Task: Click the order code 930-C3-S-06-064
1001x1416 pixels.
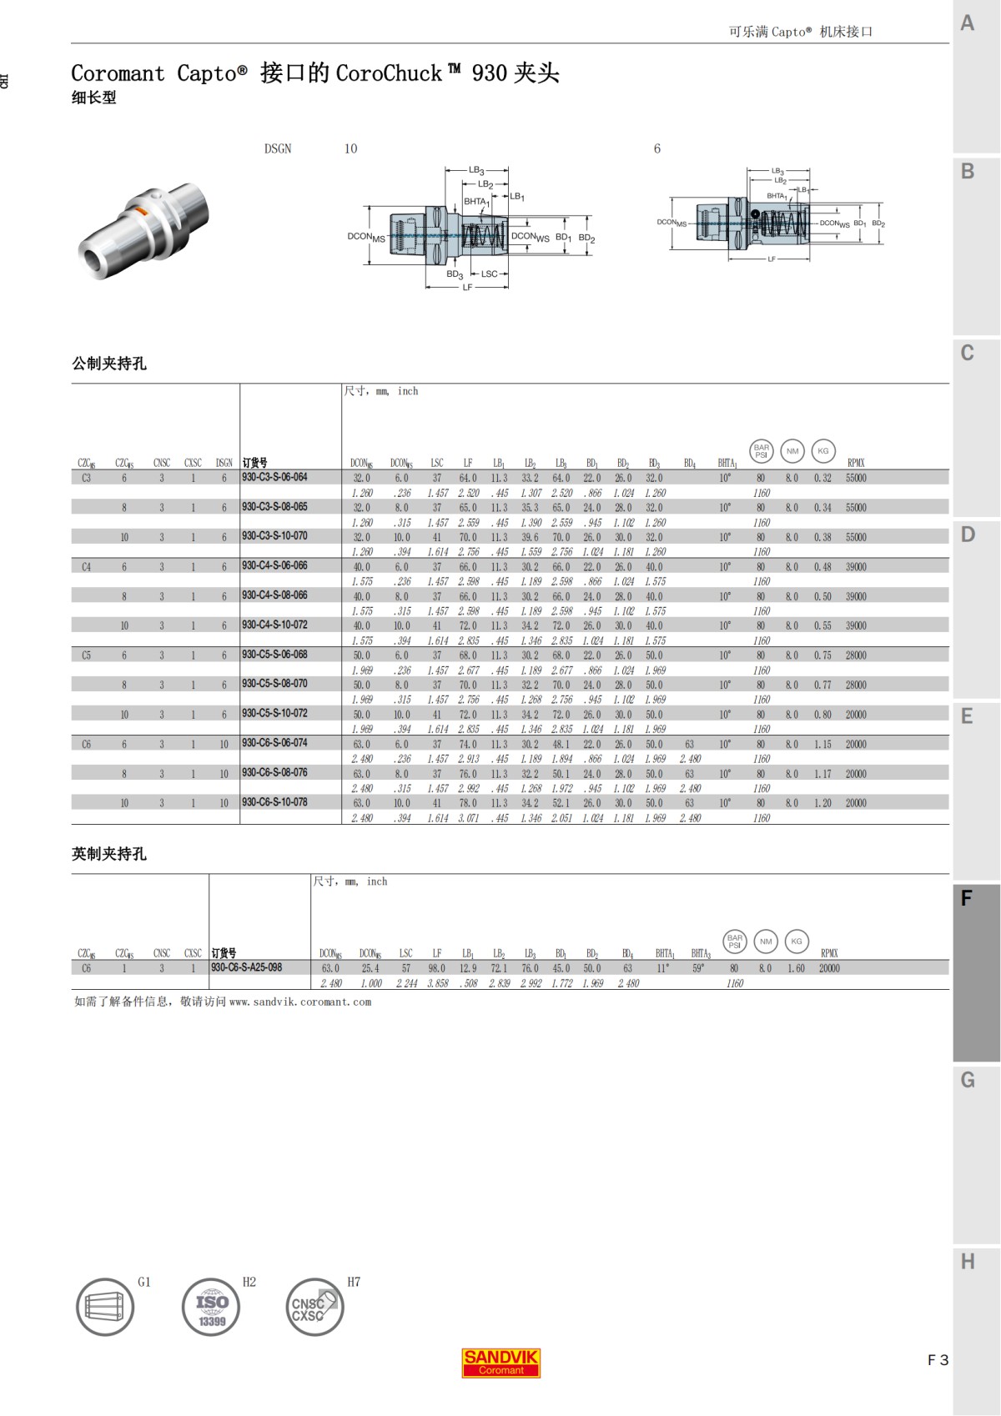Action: click(x=274, y=477)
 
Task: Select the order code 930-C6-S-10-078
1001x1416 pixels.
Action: click(x=274, y=802)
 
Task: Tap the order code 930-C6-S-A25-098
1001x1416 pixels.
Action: click(x=246, y=967)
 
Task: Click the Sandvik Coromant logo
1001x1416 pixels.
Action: click(x=500, y=1362)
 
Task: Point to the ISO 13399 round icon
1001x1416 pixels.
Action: click(x=211, y=1307)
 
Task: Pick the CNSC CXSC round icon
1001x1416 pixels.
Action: click(x=314, y=1307)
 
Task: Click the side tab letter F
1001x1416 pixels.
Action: click(x=967, y=898)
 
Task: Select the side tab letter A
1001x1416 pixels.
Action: click(x=968, y=23)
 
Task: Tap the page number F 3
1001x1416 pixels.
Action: click(x=938, y=1360)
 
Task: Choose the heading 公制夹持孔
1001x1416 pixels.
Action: click(x=109, y=364)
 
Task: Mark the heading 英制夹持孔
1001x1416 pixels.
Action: click(x=109, y=854)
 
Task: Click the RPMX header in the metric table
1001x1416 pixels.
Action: click(x=856, y=463)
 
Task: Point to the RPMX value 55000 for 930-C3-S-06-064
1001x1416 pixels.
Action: click(x=856, y=478)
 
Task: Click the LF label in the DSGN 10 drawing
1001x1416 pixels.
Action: click(x=467, y=288)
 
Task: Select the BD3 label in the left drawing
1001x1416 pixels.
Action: click(x=455, y=274)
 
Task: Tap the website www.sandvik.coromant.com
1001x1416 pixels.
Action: click(x=300, y=1002)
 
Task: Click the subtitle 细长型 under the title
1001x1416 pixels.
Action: click(x=94, y=98)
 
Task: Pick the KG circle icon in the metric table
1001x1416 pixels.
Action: click(x=822, y=451)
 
